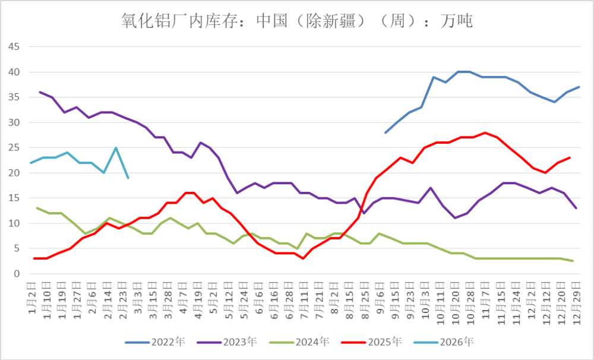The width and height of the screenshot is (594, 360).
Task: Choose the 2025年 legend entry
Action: (x=384, y=342)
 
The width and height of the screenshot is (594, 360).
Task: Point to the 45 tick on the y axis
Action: (x=14, y=46)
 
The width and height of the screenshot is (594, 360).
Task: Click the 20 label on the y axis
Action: (x=14, y=173)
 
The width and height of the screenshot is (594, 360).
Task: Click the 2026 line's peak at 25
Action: (x=116, y=148)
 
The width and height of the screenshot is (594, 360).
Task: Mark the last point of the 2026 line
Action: (x=128, y=178)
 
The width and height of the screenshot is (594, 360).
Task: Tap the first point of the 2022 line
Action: (x=386, y=132)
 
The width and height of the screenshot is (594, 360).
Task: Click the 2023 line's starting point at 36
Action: (x=40, y=92)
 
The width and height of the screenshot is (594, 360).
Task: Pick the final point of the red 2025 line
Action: (x=570, y=157)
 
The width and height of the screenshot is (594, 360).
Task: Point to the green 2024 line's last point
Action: (x=573, y=261)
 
